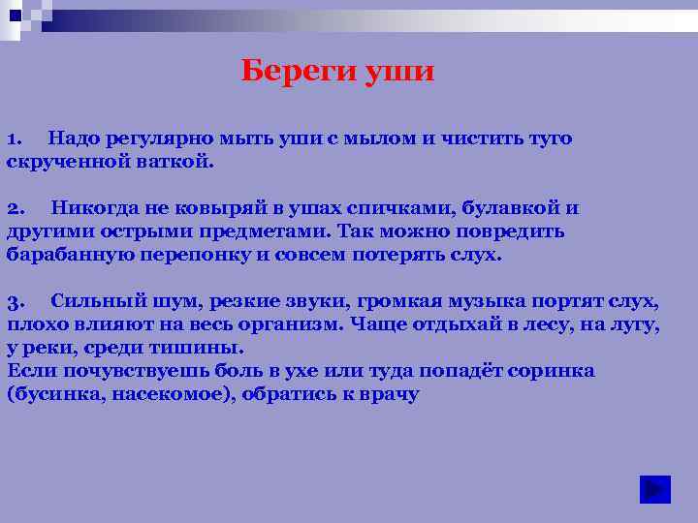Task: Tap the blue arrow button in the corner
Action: [x=655, y=489]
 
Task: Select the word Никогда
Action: [x=95, y=208]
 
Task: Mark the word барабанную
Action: [x=64, y=256]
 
